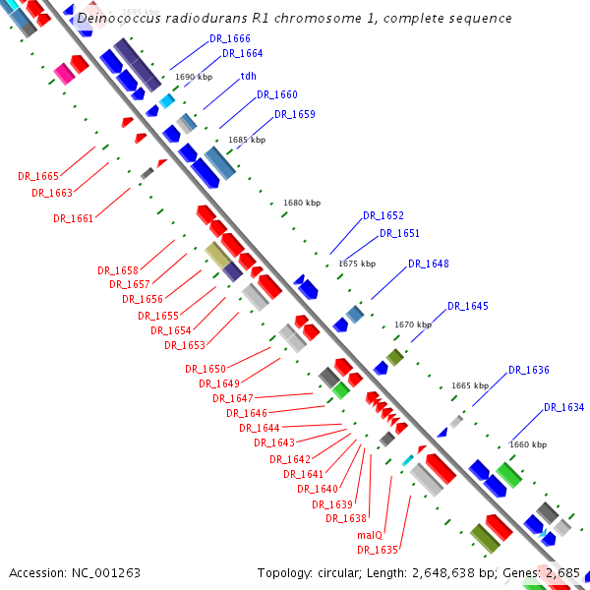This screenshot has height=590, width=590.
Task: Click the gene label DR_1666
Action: [230, 38]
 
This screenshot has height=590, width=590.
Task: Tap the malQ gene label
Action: [370, 536]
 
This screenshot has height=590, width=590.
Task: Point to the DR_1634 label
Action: [563, 407]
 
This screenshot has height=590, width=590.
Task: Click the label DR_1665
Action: [38, 176]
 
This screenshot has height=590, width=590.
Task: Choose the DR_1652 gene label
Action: [383, 215]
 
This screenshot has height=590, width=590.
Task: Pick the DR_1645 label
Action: [467, 306]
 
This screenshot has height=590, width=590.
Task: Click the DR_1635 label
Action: [378, 550]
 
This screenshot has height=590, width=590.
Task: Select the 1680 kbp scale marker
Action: [302, 203]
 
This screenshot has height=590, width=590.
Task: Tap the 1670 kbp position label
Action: [413, 324]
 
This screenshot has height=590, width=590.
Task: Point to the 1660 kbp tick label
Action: [528, 444]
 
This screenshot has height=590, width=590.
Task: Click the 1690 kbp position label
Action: [194, 76]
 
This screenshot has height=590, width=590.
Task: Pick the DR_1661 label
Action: [74, 218]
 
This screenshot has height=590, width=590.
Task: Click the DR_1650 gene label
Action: [206, 369]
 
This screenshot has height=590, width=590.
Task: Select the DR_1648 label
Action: [429, 264]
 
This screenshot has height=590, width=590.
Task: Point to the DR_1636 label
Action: [529, 370]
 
